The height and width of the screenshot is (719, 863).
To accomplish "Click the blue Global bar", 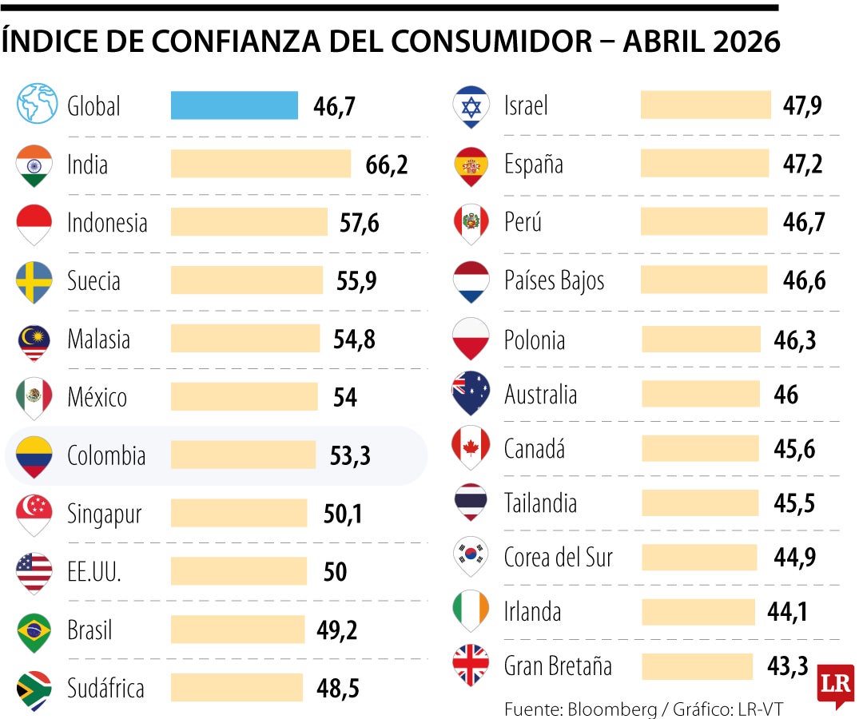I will pos(234,105).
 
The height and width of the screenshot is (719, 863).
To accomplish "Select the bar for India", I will pos(260,164).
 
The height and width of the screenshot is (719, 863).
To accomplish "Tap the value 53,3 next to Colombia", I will pos(350,455).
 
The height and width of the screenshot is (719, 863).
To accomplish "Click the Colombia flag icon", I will pos(34,455).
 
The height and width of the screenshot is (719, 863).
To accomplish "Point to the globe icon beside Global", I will pos(37,105).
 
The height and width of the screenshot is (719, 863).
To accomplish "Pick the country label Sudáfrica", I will pos(105,688).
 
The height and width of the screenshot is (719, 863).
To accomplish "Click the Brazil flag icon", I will pos(34,630).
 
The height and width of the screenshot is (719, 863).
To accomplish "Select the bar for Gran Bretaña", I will pos(697,666).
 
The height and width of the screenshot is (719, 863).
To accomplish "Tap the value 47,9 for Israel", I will pos(803,105).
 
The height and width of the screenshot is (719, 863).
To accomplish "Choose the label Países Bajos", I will pos(554,280).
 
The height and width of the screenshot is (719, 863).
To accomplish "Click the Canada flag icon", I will pos(471,447).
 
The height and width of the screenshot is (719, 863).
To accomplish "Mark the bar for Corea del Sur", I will pos(698,558).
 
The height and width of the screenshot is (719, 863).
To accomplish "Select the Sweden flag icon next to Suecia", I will pos(34,280).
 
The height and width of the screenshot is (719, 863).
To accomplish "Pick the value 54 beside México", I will pos(345,397).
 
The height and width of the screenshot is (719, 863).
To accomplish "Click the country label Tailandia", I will pos(540,503).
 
